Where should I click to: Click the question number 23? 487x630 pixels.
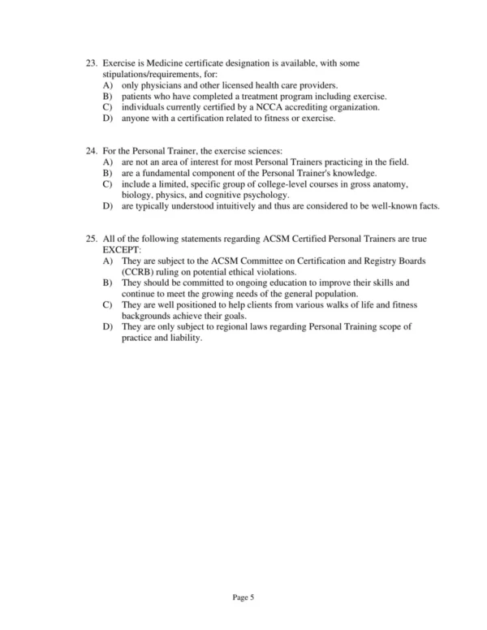point(91,63)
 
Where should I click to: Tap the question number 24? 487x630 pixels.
point(91,152)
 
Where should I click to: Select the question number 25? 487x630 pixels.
point(91,239)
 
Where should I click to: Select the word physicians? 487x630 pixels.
point(162,85)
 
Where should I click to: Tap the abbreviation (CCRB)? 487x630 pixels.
point(142,272)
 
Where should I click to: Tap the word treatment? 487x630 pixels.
point(268,96)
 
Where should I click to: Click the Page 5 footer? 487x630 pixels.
point(243,598)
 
